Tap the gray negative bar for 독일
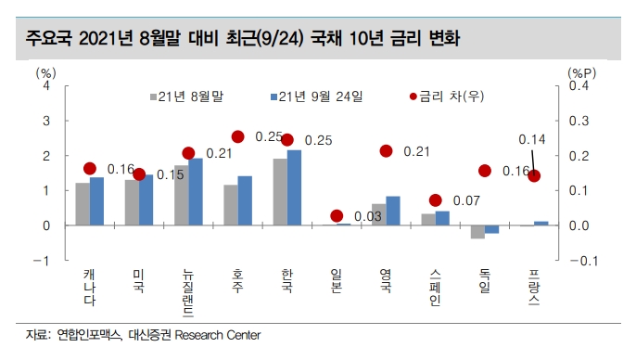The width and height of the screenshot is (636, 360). tap(477, 232)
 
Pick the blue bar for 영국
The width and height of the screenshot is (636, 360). tap(392, 211)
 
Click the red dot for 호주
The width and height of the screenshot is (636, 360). tap(237, 136)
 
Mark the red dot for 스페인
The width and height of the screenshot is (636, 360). tap(435, 200)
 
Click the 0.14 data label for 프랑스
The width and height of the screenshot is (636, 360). tap(531, 139)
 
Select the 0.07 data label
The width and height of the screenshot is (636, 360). tap(465, 200)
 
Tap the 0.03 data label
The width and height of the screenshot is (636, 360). tap(368, 216)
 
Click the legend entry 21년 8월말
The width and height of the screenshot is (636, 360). tap(191, 96)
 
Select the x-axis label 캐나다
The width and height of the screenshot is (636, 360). tap(88, 283)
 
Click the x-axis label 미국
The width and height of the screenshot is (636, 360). tap(137, 277)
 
